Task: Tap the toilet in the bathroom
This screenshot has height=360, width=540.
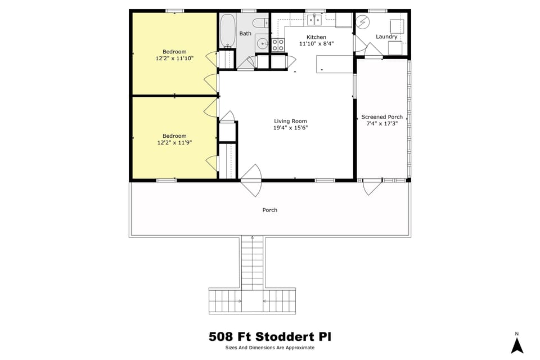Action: (x=260, y=23)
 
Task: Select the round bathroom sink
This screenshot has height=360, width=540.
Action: (x=263, y=43)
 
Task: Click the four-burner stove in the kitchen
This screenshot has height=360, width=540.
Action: (x=278, y=45)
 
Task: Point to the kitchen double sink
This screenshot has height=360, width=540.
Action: (x=314, y=20)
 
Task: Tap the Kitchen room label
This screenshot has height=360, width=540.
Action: (x=316, y=37)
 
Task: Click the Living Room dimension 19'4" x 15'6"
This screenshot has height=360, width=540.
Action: (x=290, y=128)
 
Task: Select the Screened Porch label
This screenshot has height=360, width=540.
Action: (x=382, y=117)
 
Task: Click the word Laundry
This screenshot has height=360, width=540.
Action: (x=386, y=37)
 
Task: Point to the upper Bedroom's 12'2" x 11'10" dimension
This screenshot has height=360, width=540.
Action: (x=174, y=58)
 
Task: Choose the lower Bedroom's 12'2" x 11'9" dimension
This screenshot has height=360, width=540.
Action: (x=174, y=142)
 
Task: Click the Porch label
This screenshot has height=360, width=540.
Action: (x=270, y=210)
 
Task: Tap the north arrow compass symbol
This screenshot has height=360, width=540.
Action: (x=517, y=344)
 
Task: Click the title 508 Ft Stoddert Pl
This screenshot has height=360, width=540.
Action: (x=270, y=337)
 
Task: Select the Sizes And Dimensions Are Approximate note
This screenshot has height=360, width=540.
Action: (x=270, y=348)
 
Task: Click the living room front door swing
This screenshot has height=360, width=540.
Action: (x=251, y=181)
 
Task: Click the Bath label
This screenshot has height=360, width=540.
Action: (x=245, y=34)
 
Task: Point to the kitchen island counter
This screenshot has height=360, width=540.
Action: (x=335, y=64)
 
